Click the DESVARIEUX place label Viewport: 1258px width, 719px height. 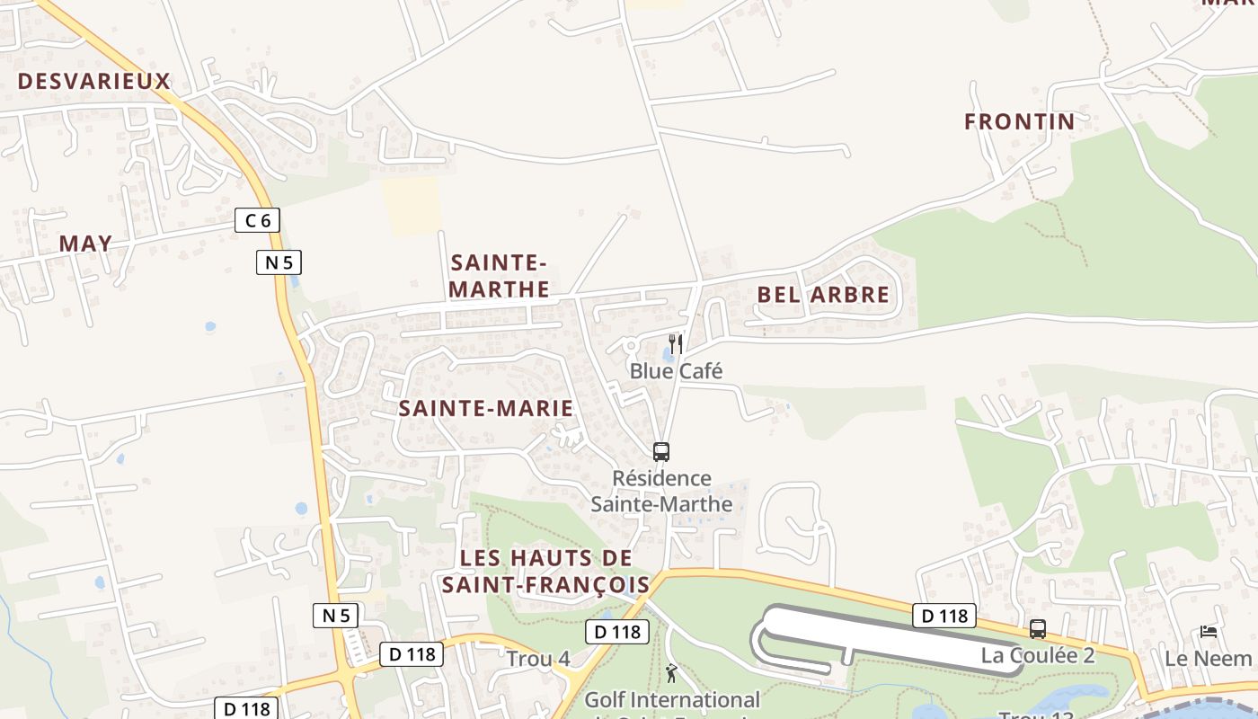pyautogui.click(x=93, y=82)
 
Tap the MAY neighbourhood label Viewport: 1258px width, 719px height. pyautogui.click(x=86, y=244)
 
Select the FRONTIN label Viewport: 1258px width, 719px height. pyautogui.click(x=1019, y=122)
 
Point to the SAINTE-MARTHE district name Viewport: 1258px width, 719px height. pyautogui.click(x=499, y=276)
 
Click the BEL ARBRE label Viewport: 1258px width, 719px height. pyautogui.click(x=823, y=295)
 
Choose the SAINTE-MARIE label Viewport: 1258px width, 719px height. pyautogui.click(x=485, y=409)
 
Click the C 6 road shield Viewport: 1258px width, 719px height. pyautogui.click(x=258, y=220)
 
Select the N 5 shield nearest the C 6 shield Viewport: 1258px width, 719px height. pyautogui.click(x=279, y=262)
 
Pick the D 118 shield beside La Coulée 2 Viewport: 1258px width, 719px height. pyautogui.click(x=944, y=616)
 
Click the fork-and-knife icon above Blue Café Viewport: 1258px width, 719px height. pyautogui.click(x=676, y=344)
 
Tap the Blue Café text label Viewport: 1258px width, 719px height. pyautogui.click(x=676, y=371)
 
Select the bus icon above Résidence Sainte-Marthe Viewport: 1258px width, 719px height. pyautogui.click(x=661, y=452)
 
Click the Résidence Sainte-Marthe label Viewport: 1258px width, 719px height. pyautogui.click(x=661, y=492)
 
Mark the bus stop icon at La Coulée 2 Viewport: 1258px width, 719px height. pyautogui.click(x=1038, y=629)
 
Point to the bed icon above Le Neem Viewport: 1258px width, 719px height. pyautogui.click(x=1209, y=633)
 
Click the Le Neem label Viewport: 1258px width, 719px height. pyautogui.click(x=1209, y=659)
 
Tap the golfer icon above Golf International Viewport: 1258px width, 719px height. pyautogui.click(x=671, y=672)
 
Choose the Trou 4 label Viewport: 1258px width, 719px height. pyautogui.click(x=538, y=659)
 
